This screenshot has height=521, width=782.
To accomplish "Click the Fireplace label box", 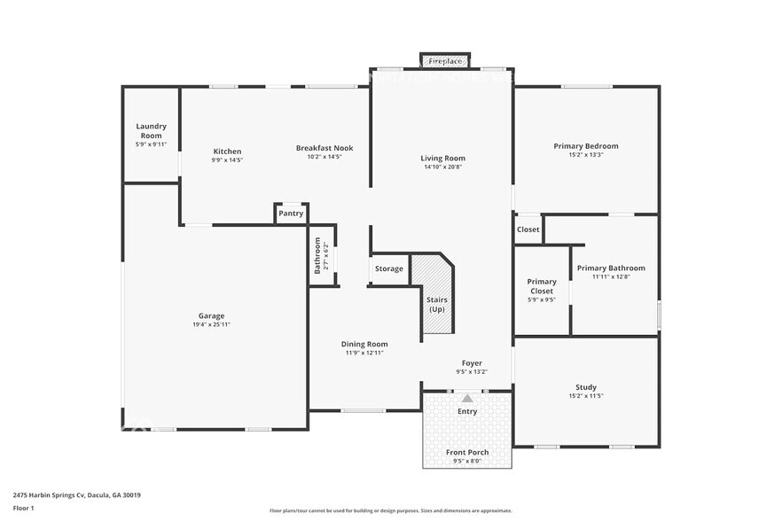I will tap(444, 61).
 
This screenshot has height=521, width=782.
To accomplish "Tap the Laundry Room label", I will tap(151, 130).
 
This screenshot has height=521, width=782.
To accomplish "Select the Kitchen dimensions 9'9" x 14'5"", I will tap(227, 160).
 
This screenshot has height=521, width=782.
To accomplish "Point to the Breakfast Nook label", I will tap(325, 148).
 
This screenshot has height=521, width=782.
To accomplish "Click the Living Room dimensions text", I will tap(442, 167).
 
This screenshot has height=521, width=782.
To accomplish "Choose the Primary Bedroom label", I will tap(586, 146).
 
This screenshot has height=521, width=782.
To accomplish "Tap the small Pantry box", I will tap(291, 214).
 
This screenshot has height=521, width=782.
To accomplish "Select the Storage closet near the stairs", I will tap(388, 268).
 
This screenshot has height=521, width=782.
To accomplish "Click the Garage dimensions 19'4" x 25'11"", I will tap(211, 324).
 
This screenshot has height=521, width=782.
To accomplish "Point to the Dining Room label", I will tap(364, 344).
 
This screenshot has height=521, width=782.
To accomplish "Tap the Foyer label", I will tap(472, 362).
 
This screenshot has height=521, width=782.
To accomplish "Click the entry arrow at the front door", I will tap(467, 399).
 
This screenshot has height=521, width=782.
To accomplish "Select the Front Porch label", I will tap(467, 452).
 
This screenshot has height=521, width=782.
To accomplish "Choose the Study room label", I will tap(586, 387).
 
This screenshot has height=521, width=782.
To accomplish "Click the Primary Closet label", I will tap(541, 286).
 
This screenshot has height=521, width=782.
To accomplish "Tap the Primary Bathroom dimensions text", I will tap(611, 276).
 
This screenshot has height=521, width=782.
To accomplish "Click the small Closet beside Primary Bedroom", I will tap(528, 229).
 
